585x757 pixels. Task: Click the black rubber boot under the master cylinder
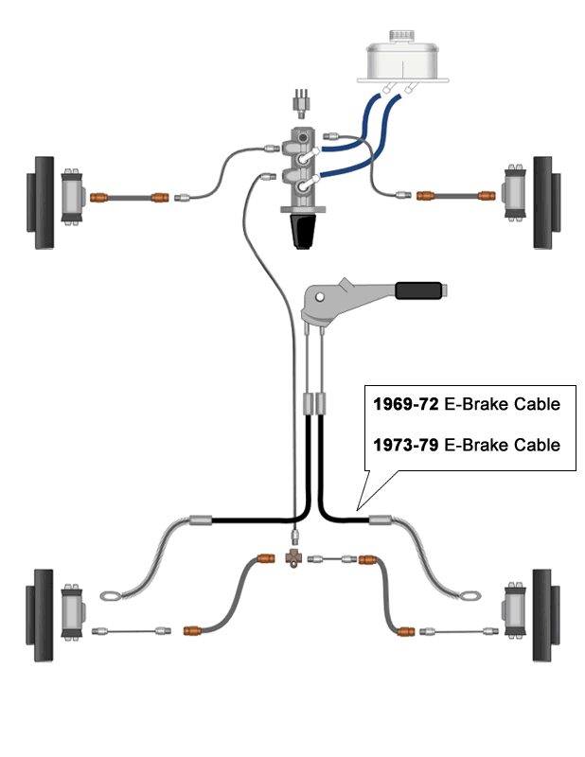point(303,229)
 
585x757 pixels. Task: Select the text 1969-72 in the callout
point(404,404)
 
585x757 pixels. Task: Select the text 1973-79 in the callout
point(404,444)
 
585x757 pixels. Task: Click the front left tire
point(44,202)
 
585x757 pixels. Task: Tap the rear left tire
point(42,615)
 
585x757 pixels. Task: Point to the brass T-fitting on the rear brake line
point(293,558)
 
